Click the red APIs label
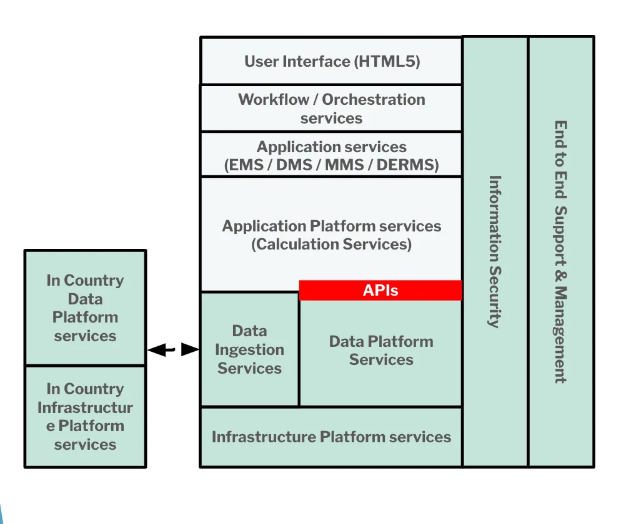pos(380,290)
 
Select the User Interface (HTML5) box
pos(331,61)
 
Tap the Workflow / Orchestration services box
pos(331,109)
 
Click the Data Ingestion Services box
pos(249,349)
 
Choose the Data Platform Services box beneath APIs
pos(380,351)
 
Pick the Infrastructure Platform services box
pos(331,437)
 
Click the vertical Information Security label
pos(495,251)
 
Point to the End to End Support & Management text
pos(561,251)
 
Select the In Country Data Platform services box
pos(85,308)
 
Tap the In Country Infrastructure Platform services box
pos(85,417)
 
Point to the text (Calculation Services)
pos(331,245)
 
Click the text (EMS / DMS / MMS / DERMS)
pos(331,166)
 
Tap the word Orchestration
pos(374,100)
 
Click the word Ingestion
pos(249,350)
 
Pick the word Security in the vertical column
pos(495,297)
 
